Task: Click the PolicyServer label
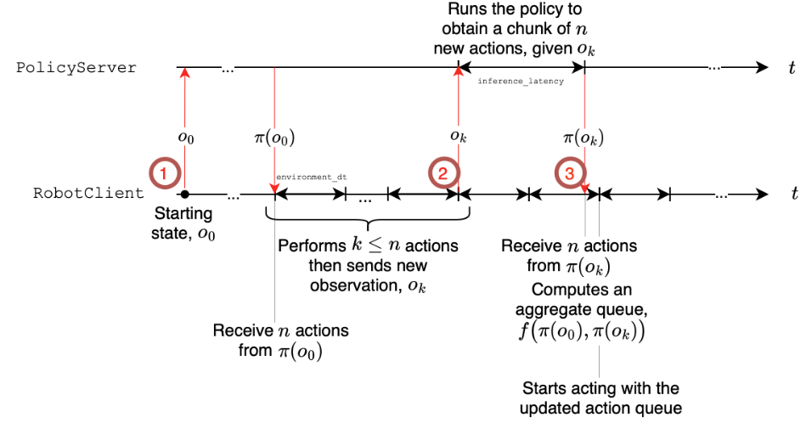point(76,67)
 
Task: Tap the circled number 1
point(167,172)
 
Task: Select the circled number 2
point(442,172)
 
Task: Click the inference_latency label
point(521,81)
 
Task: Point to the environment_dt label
point(311,177)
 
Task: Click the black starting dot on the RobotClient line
point(183,194)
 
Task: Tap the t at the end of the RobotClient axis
point(794,193)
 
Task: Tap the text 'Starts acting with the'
point(600,388)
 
